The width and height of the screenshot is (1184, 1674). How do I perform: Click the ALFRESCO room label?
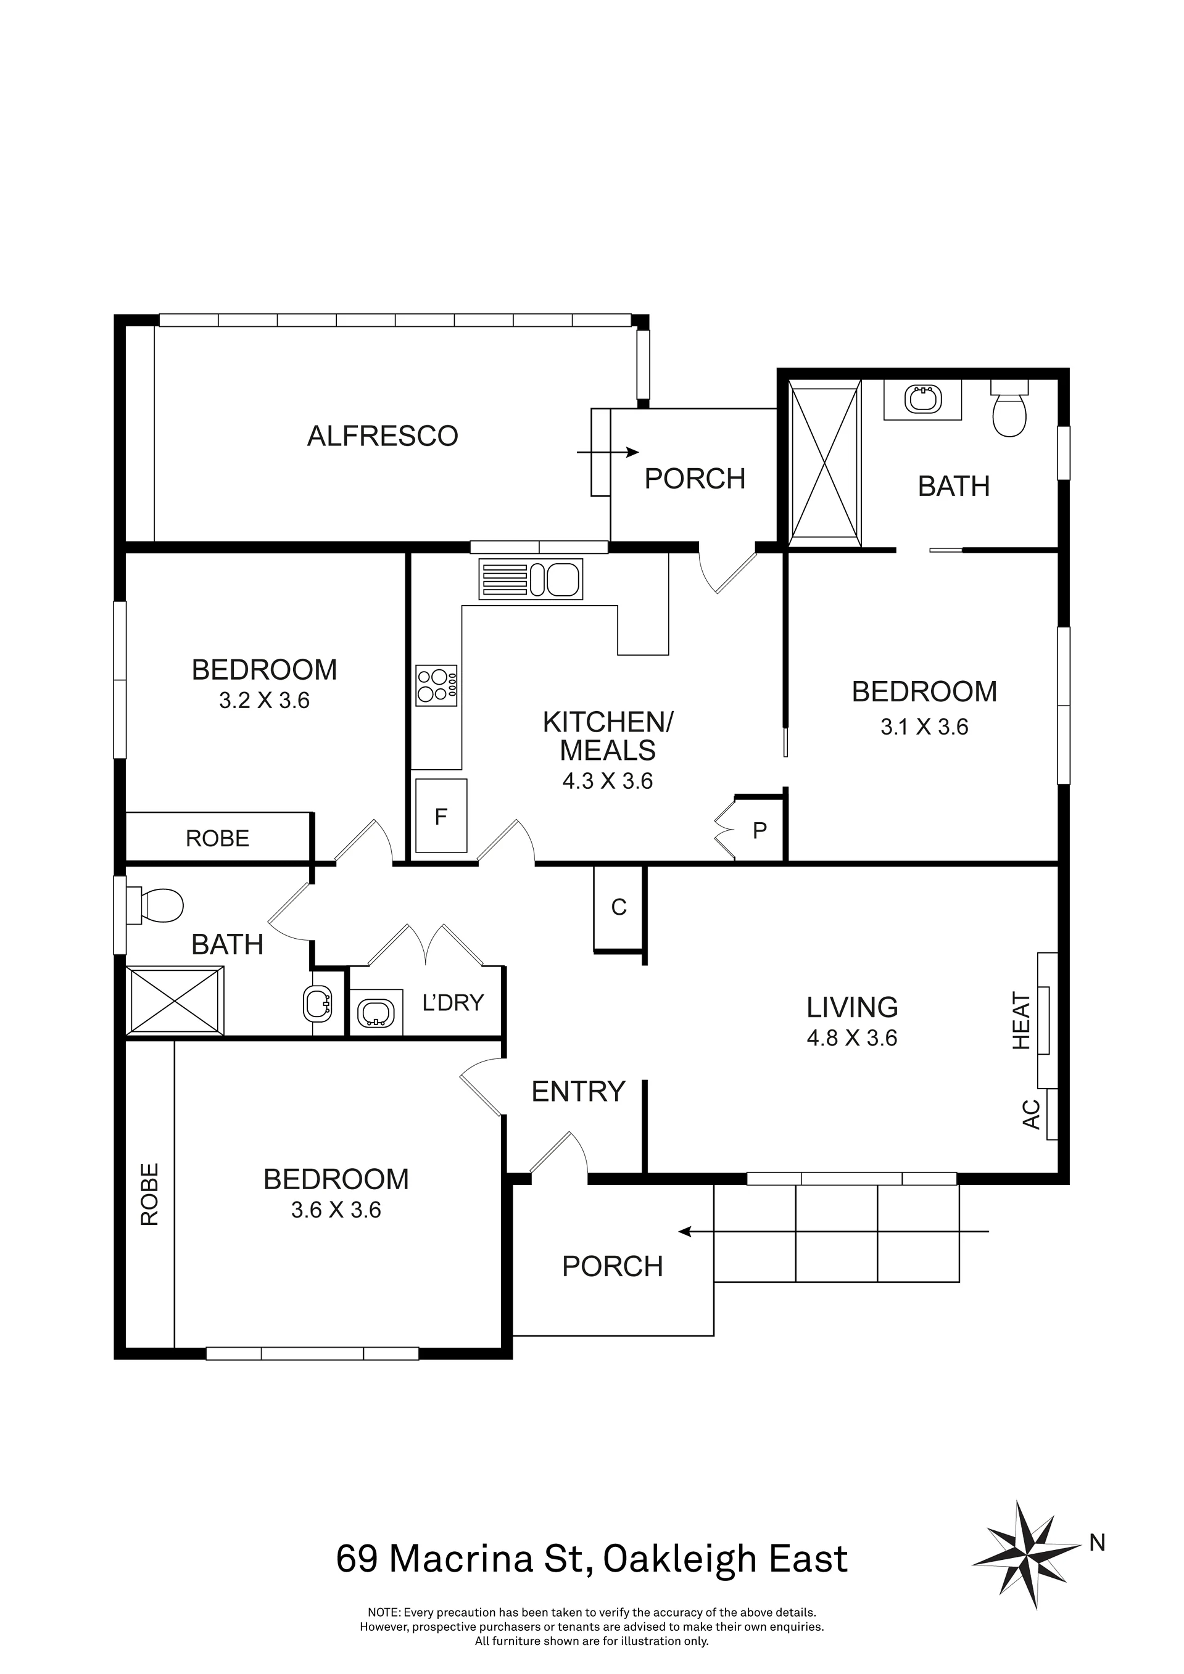pyautogui.click(x=383, y=436)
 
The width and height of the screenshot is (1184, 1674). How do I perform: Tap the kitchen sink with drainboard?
pyautogui.click(x=531, y=579)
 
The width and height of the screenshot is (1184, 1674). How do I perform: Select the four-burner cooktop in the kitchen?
pyautogui.click(x=436, y=685)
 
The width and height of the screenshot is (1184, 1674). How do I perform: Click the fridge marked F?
pyautogui.click(x=441, y=816)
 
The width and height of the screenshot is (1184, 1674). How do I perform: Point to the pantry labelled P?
pyautogui.click(x=760, y=830)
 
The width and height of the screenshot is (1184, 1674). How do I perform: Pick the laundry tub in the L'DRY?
pyautogui.click(x=376, y=1013)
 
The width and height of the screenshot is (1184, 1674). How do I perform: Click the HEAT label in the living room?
pyautogui.click(x=1021, y=1020)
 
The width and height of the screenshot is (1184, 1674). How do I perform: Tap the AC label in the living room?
pyautogui.click(x=1031, y=1114)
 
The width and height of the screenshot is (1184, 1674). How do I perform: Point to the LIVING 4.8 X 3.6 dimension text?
pyautogui.click(x=852, y=1021)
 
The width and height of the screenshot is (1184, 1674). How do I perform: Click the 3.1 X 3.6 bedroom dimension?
pyautogui.click(x=924, y=727)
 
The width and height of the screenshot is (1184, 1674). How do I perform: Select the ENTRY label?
pyautogui.click(x=579, y=1092)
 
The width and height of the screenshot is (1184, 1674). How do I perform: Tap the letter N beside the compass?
pyautogui.click(x=1097, y=1543)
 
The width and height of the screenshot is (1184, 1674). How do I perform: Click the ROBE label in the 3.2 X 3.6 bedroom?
pyautogui.click(x=217, y=838)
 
